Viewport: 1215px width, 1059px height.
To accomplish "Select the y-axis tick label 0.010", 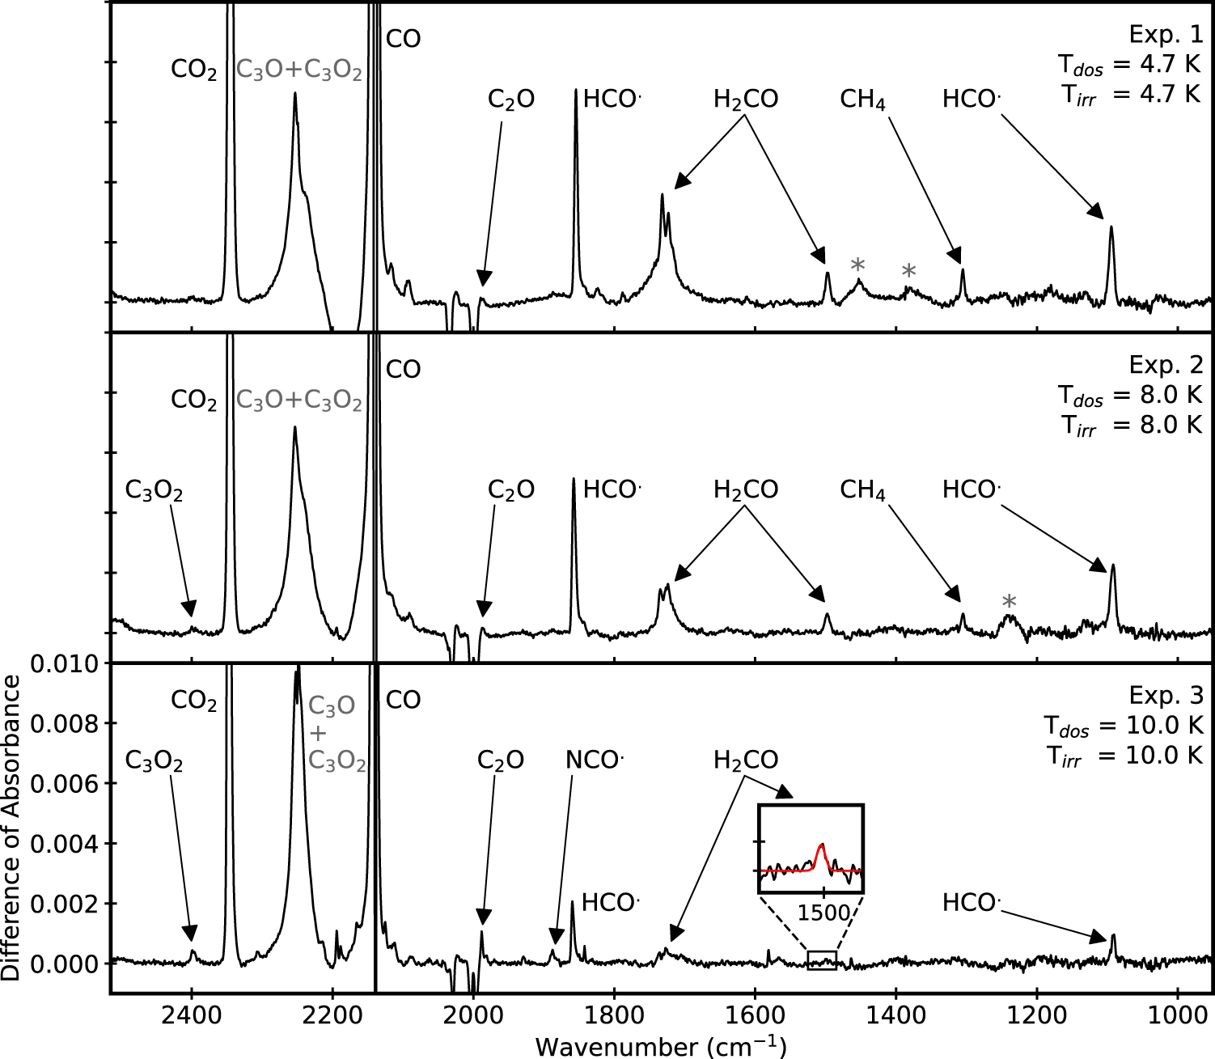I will (64, 664).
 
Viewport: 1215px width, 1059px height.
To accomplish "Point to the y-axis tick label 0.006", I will (64, 784).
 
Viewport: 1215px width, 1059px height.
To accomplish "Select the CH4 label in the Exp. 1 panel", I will (862, 100).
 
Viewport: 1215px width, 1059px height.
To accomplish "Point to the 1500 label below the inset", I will (823, 913).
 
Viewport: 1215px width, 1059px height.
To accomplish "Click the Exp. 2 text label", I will (1166, 365).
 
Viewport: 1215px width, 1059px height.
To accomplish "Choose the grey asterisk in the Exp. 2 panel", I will (1009, 602).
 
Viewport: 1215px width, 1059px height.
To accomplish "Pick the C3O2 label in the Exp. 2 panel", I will (154, 490).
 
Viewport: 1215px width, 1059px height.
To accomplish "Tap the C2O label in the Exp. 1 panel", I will (510, 100).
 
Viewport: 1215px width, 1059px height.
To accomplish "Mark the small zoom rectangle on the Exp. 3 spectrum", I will (822, 960).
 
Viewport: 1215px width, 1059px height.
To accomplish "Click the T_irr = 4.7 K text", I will (1132, 95).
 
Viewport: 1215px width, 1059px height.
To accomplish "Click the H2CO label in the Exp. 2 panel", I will (745, 490).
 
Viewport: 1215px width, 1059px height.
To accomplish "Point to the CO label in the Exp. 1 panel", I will (403, 39).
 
